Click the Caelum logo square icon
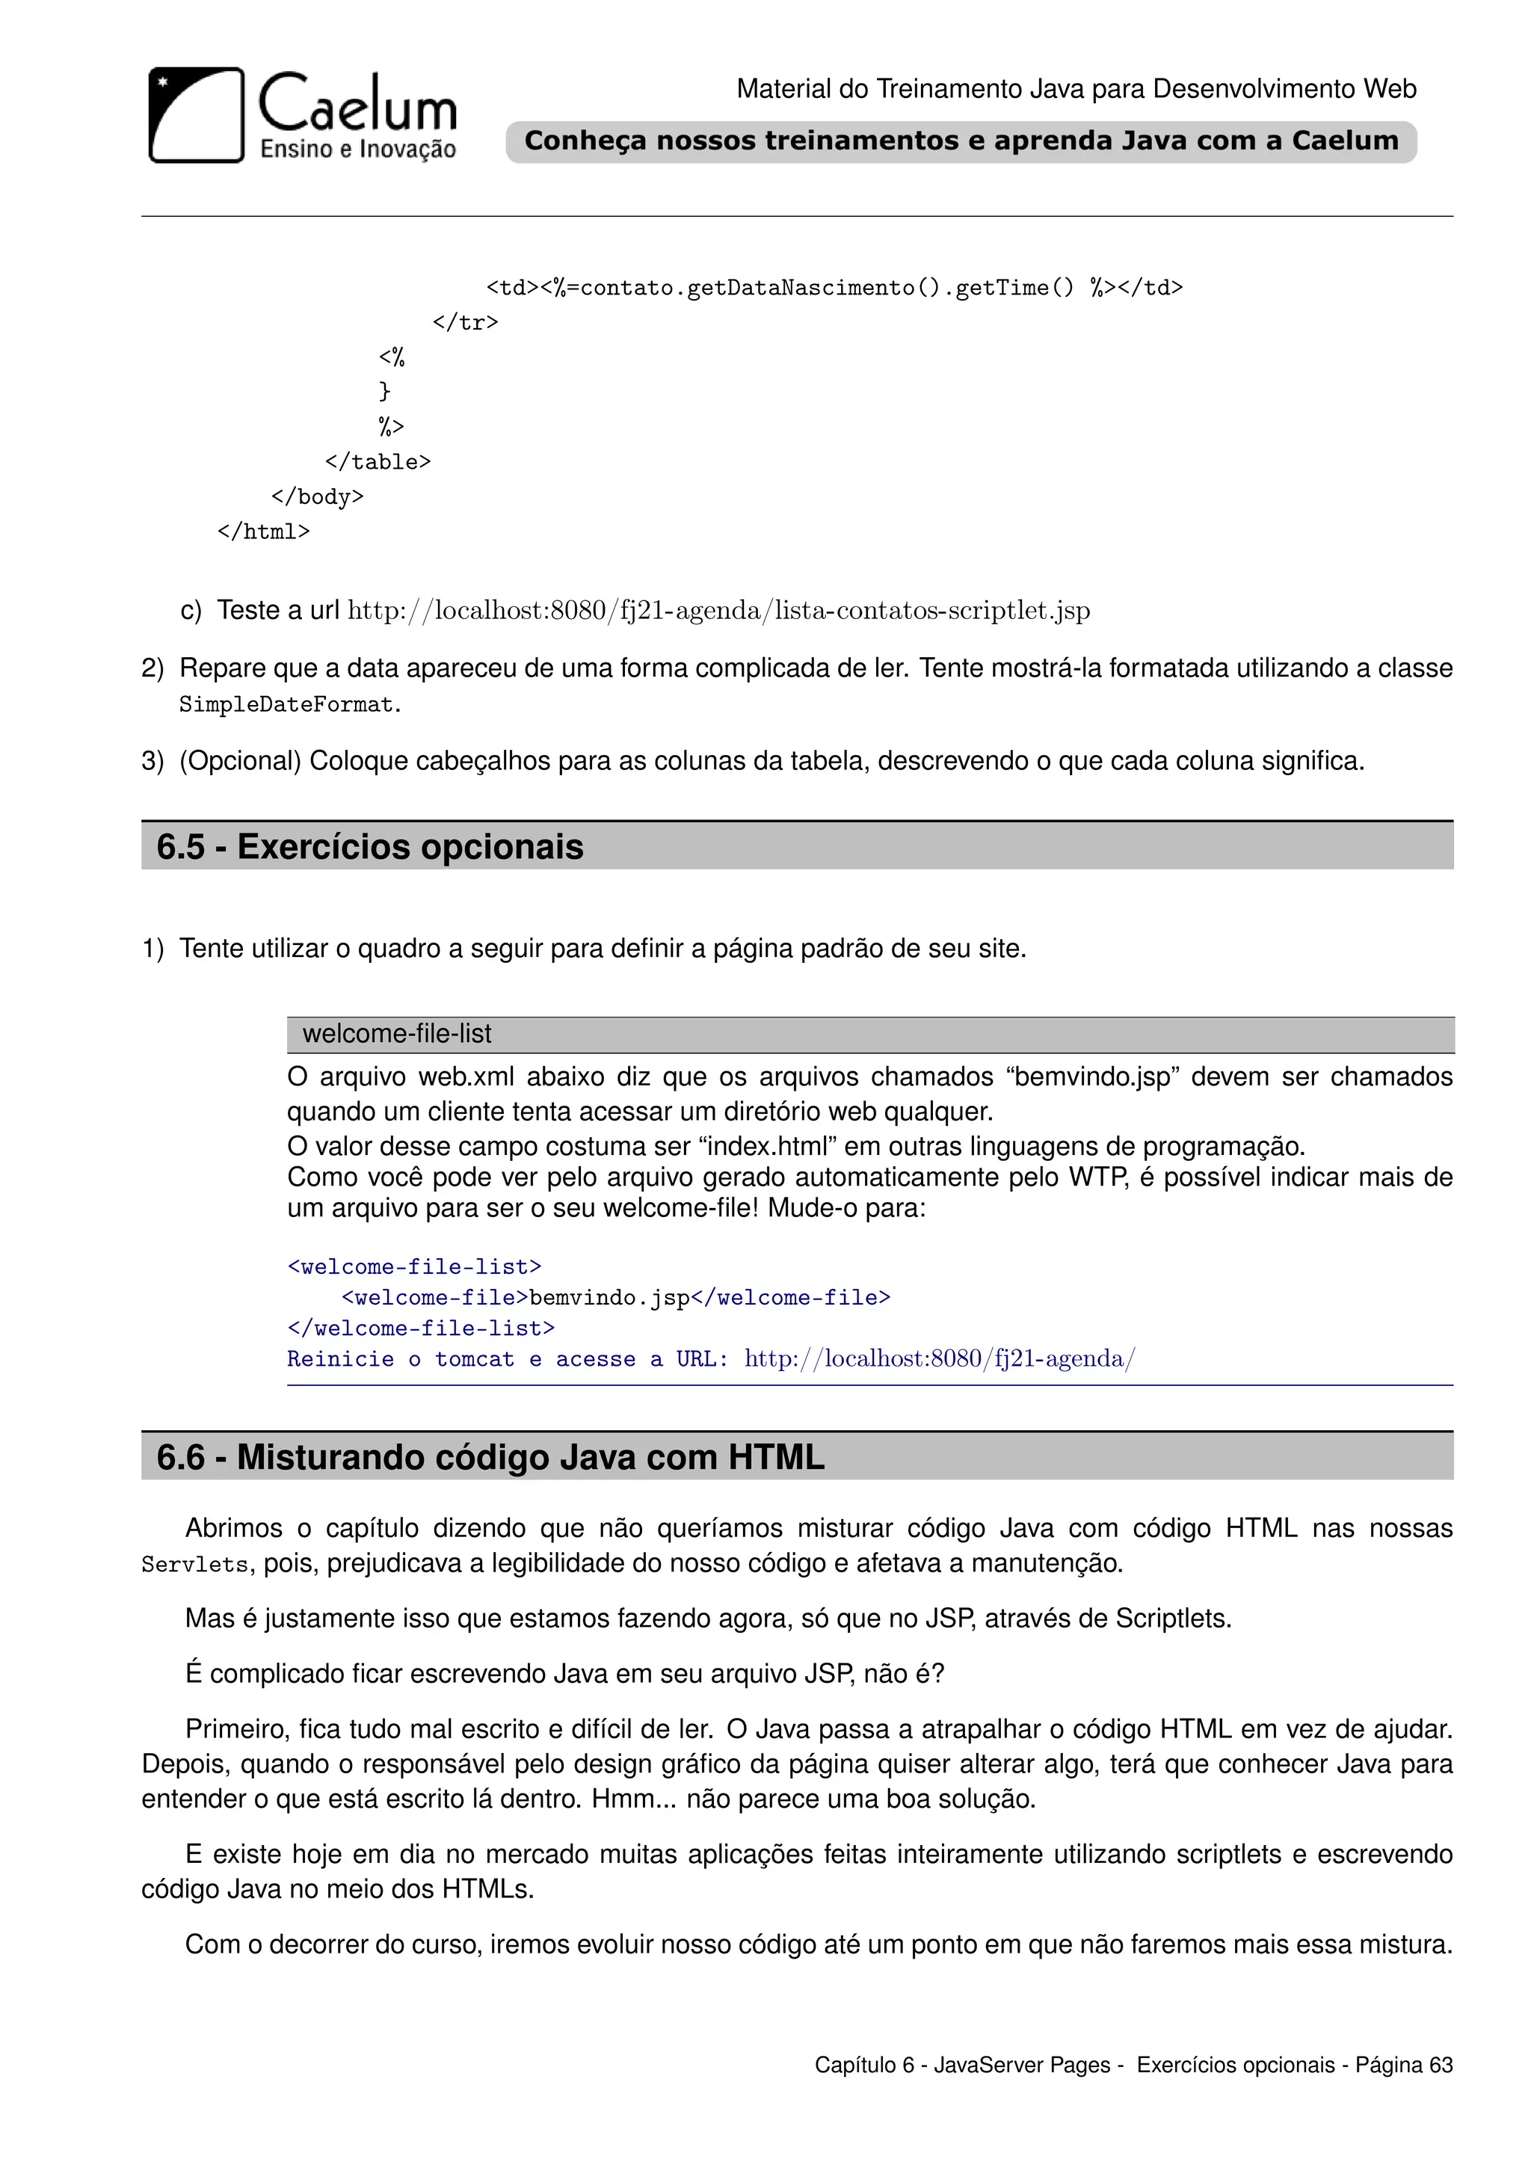[196, 115]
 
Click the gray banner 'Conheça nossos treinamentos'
[961, 141]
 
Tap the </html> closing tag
[263, 532]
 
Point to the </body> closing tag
[317, 497]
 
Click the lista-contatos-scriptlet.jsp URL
[718, 611]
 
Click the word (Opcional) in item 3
[241, 761]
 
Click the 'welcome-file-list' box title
[397, 1035]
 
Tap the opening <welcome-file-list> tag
[415, 1266]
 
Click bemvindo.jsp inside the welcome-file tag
[610, 1298]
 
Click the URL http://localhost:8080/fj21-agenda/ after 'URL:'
[940, 1359]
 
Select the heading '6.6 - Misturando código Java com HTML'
[490, 1457]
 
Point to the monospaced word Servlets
[195, 1565]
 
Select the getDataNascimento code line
[834, 288]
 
